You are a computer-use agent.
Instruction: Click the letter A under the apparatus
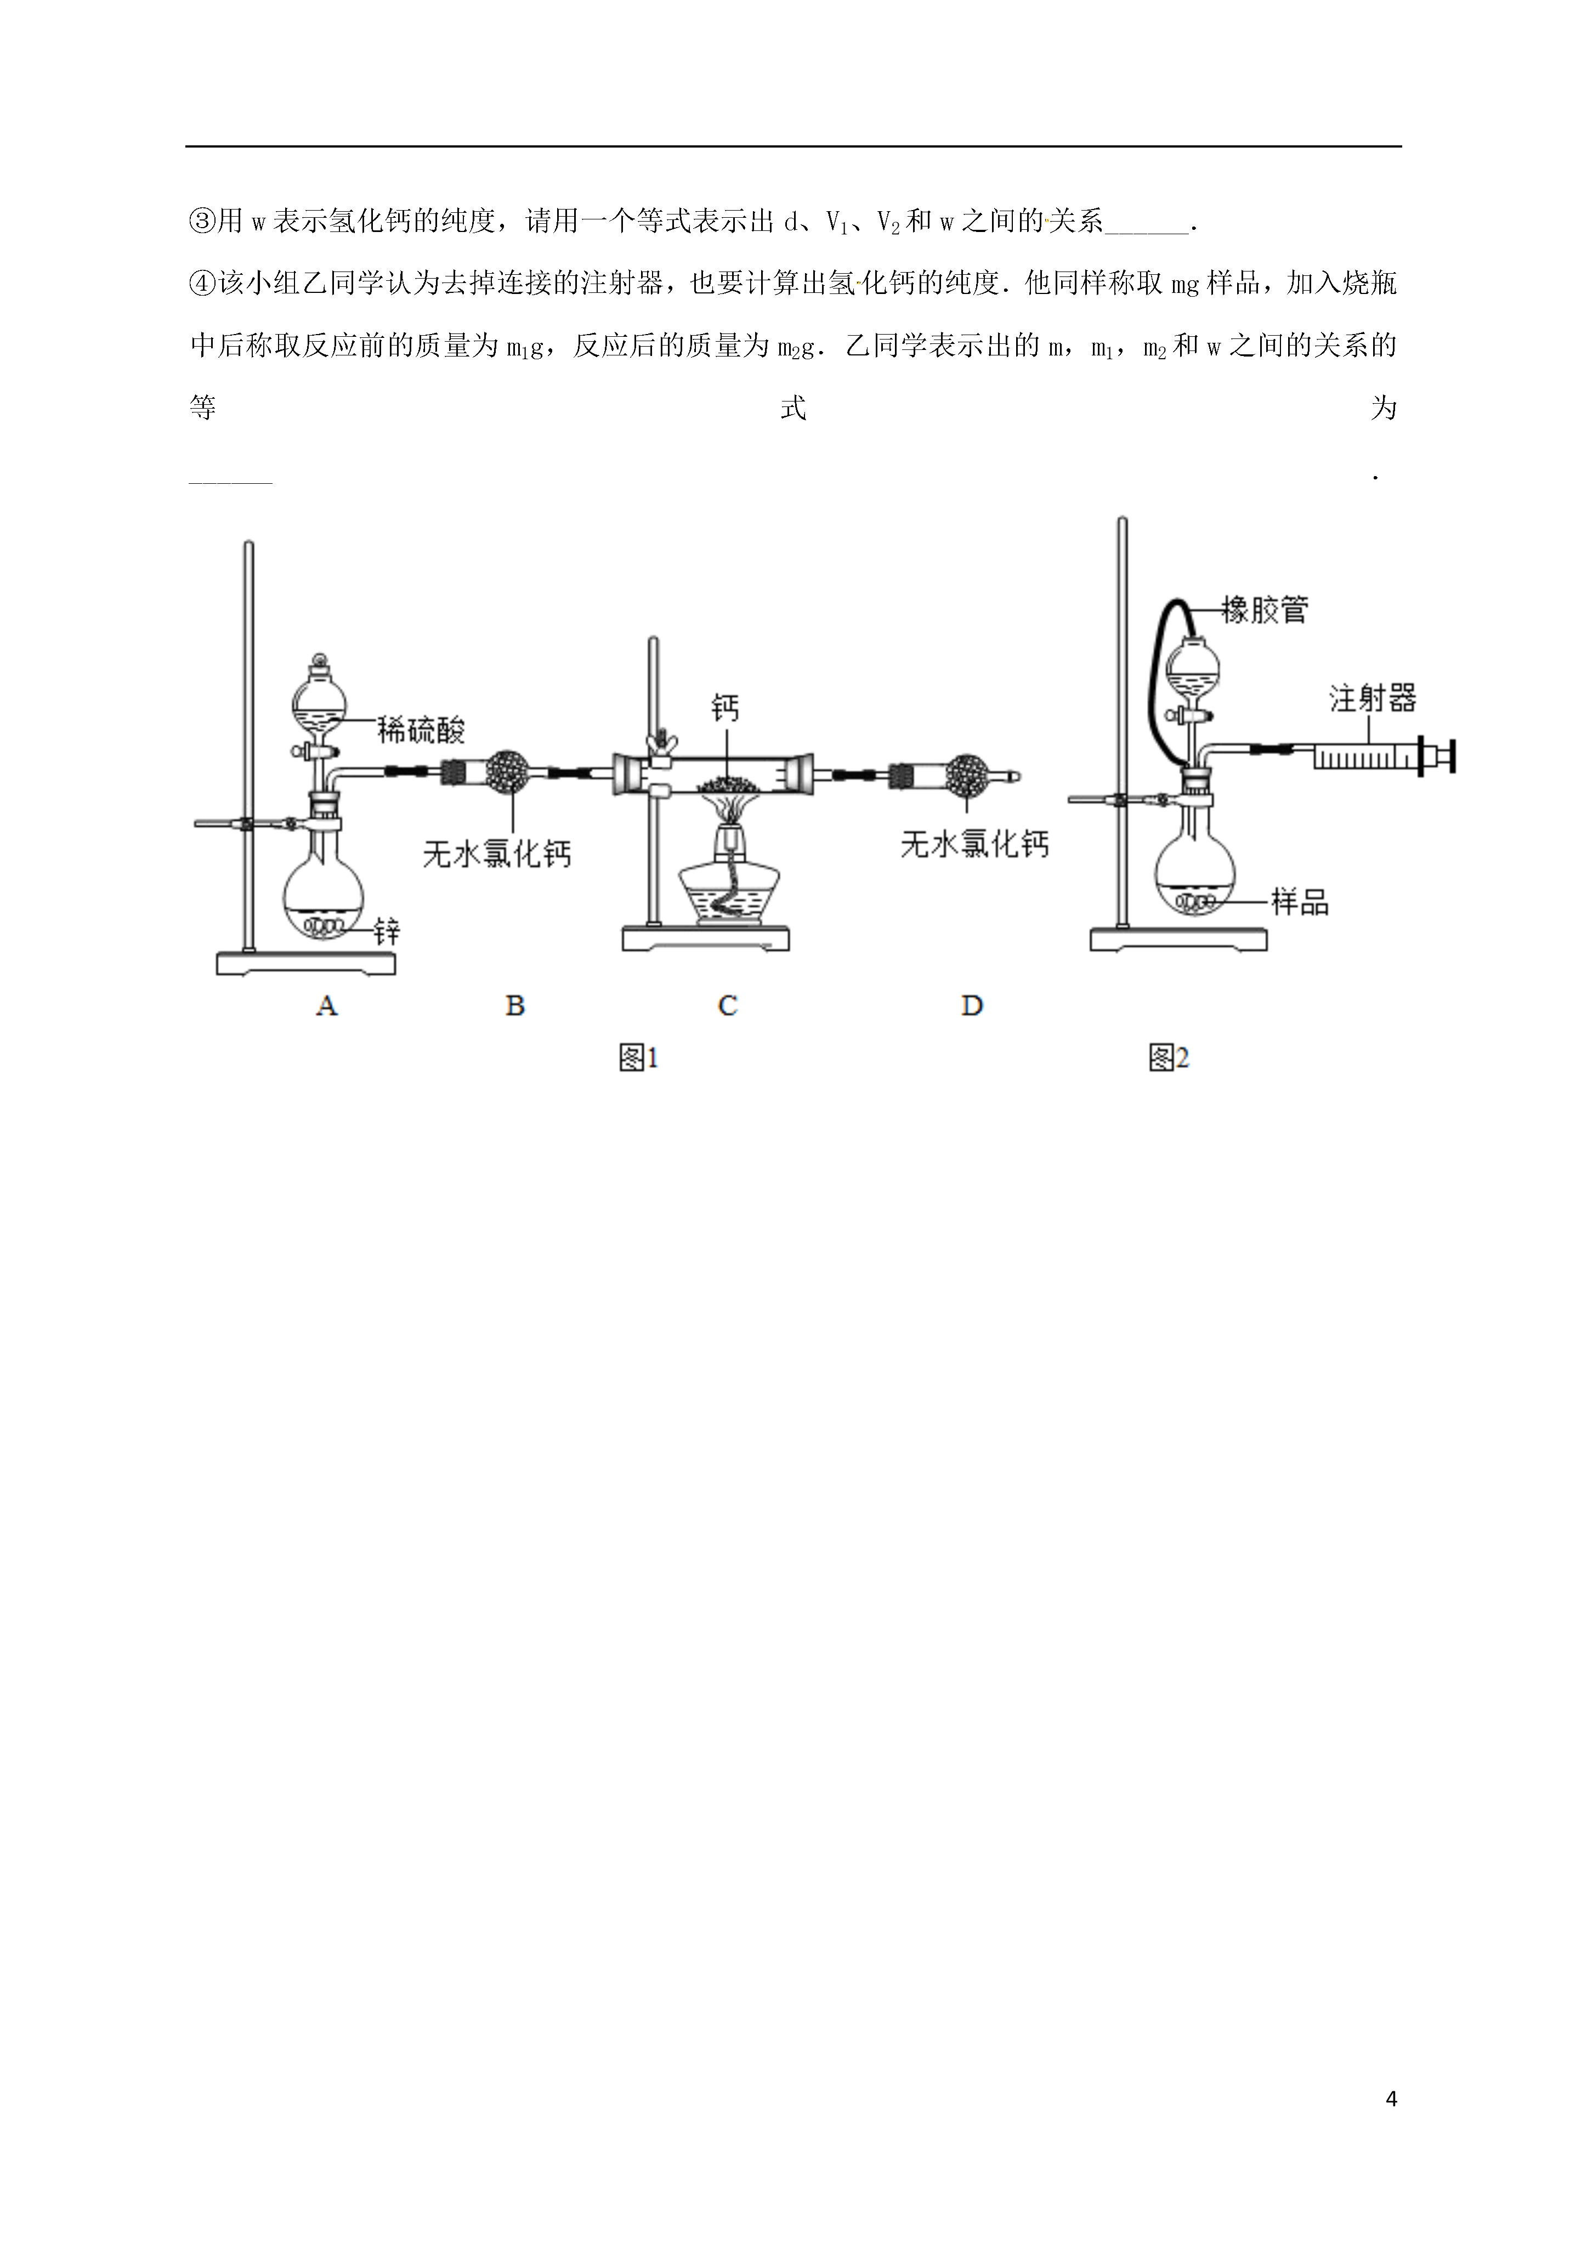[x=327, y=1005]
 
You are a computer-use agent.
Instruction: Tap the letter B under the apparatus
[x=515, y=1005]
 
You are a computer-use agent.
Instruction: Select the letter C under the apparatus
[x=728, y=1005]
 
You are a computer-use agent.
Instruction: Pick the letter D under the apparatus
[x=972, y=1005]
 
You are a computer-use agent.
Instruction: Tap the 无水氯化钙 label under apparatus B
[x=497, y=853]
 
